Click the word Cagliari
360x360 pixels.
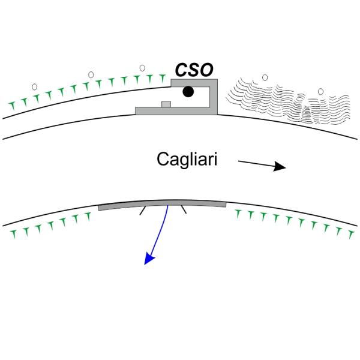click(187, 160)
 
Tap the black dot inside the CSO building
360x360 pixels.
click(188, 92)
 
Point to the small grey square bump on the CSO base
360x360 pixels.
click(166, 104)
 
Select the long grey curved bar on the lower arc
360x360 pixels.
click(162, 205)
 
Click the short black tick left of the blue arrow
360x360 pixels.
click(142, 211)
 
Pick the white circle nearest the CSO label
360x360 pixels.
click(142, 68)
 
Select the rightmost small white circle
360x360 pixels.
click(320, 91)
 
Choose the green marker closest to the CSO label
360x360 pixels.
click(162, 77)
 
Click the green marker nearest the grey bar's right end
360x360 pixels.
click(238, 212)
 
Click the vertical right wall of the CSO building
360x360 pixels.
click(214, 96)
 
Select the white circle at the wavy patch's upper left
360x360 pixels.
click(265, 77)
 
